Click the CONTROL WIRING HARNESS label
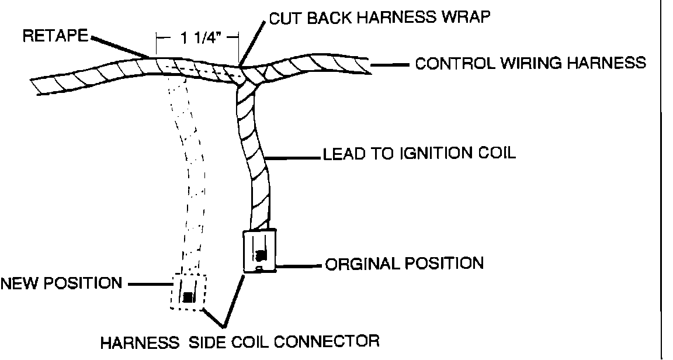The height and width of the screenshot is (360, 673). (x=530, y=63)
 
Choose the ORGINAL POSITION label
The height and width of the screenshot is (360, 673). (x=404, y=264)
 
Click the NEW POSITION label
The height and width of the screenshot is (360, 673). (x=60, y=284)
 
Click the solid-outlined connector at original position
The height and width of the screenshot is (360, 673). (x=258, y=251)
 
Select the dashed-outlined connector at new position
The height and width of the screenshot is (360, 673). (x=188, y=292)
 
